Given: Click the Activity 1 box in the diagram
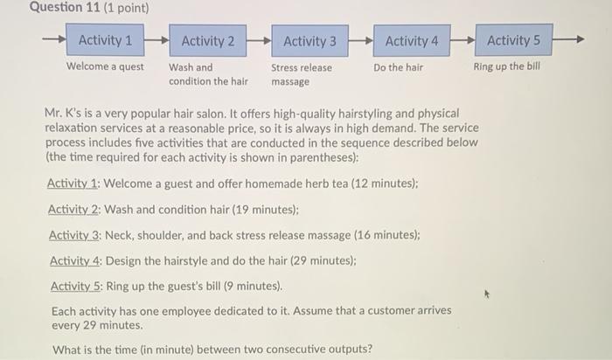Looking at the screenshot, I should pyautogui.click(x=105, y=40).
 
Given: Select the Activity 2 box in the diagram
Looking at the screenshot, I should pyautogui.click(x=207, y=40).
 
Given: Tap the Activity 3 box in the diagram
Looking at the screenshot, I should pyautogui.click(x=309, y=40).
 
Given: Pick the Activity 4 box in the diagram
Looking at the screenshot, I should pyautogui.click(x=412, y=40).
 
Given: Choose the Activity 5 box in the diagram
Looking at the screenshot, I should pyautogui.click(x=513, y=40).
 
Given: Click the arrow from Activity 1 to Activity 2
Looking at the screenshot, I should pyautogui.click(x=156, y=40).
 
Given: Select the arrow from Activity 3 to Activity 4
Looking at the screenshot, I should pyautogui.click(x=360, y=40).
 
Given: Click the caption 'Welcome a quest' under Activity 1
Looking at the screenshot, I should pyautogui.click(x=106, y=67).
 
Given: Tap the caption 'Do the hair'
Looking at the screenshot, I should pyautogui.click(x=398, y=67).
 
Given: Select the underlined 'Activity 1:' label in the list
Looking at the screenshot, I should pyautogui.click(x=74, y=184).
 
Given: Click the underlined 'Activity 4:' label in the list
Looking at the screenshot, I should pyautogui.click(x=77, y=260).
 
